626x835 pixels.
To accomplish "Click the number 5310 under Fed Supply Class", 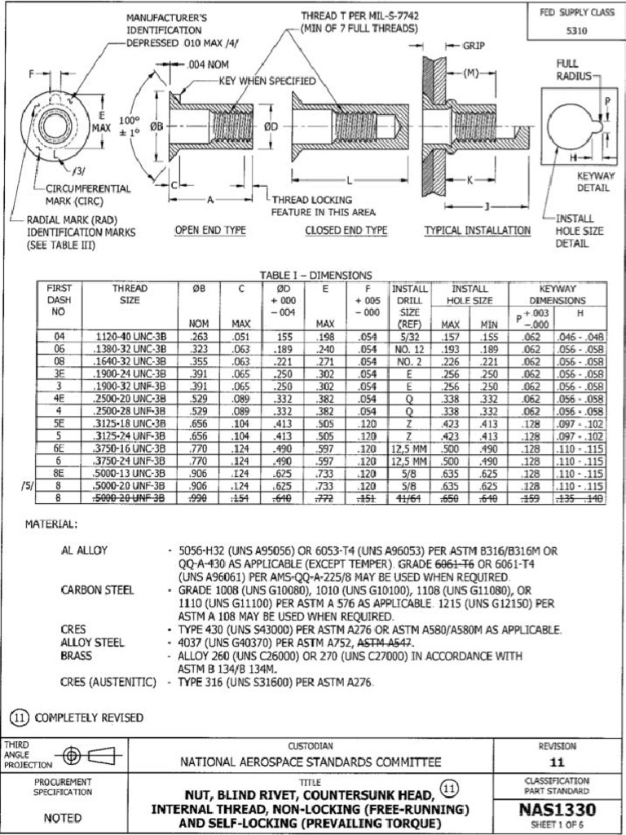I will coord(577,31).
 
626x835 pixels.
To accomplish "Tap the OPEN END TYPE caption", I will coord(210,231).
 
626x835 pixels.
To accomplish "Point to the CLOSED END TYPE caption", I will coord(346,231).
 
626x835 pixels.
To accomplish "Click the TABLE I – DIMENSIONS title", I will coord(315,276).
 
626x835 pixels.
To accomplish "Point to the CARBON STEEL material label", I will coord(97,590).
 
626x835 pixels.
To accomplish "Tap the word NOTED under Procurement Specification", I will coord(62,818).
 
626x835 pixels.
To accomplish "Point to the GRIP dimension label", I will coord(474,46).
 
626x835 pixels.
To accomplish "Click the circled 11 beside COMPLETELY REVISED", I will coord(19,718).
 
